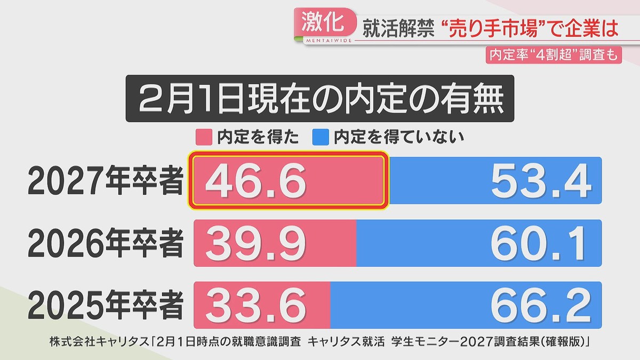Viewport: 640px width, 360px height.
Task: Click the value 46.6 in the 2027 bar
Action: click(x=256, y=181)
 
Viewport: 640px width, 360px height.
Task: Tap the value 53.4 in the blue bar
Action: click(x=541, y=181)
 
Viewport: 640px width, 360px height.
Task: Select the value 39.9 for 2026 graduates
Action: click(x=256, y=243)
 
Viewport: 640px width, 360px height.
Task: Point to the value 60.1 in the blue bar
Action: click(x=541, y=243)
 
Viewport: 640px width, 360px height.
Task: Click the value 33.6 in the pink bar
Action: click(x=256, y=305)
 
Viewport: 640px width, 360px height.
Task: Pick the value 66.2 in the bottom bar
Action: click(x=541, y=305)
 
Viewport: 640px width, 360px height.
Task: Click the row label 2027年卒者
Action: click(x=106, y=181)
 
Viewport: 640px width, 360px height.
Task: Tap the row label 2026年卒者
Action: click(x=106, y=243)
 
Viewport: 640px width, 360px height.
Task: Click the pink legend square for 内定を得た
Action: click(x=205, y=138)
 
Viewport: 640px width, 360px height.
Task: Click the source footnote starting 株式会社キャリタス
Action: click(x=320, y=341)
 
